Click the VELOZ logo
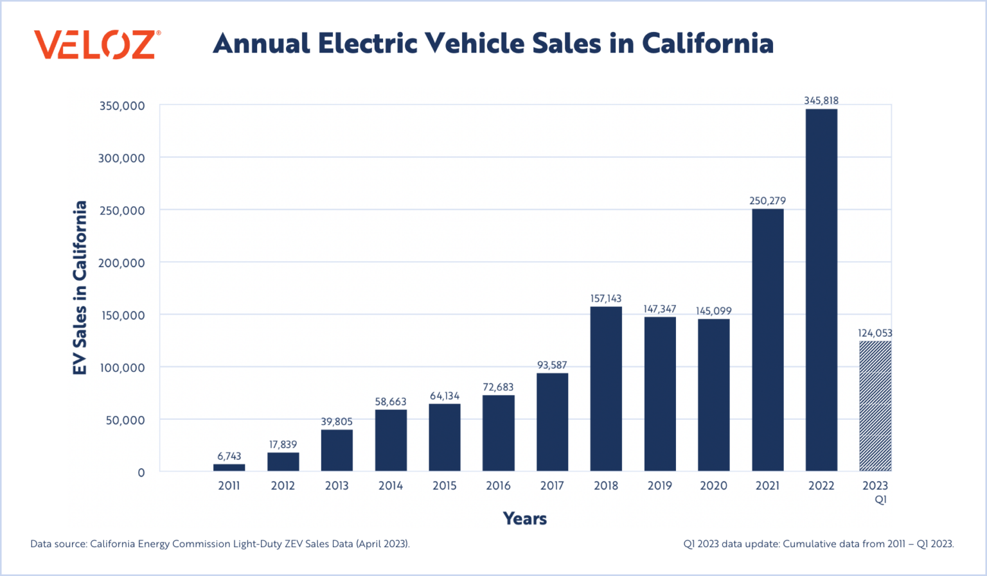97,44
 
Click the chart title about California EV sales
493,44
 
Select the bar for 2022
821,290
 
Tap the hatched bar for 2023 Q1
875,406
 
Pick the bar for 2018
606,388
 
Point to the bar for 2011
229,467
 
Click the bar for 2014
391,440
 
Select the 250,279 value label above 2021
767,201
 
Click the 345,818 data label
821,101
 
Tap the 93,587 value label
552,365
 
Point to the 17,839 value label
283,444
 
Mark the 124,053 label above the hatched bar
875,333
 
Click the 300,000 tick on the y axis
121,158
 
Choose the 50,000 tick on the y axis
125,420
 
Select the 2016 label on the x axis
498,485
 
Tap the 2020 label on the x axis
713,485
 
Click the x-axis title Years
524,519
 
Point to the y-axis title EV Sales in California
80,288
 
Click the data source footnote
220,544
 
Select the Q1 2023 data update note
819,544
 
